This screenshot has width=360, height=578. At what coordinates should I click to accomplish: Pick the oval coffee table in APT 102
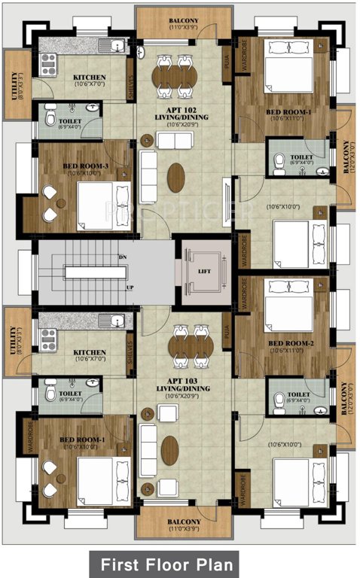[175, 177]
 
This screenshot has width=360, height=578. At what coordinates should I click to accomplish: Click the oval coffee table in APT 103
[170, 450]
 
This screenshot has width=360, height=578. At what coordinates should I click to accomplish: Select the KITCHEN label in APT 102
[89, 77]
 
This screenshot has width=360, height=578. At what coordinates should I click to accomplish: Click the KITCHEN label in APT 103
[89, 352]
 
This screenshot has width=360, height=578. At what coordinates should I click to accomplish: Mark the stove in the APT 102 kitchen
[47, 62]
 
